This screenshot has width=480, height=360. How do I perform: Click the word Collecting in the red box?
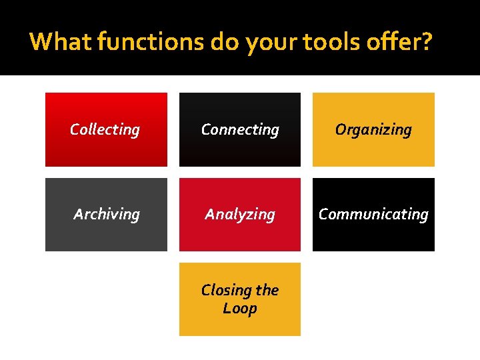coord(105,129)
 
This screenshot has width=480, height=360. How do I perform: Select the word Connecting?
coord(240,129)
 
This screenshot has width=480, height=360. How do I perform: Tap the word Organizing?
coord(373,129)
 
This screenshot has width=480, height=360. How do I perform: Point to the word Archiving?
coord(107,214)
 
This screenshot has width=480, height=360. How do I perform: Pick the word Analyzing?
coord(240,214)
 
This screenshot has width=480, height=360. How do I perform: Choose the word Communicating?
coord(373,214)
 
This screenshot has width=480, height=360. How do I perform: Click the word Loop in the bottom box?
coord(240,309)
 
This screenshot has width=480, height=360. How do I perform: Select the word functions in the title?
coord(151,42)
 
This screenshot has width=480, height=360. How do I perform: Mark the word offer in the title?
coord(394,42)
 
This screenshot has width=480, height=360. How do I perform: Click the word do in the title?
coord(225,42)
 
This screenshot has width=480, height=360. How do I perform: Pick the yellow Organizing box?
coord(373,150)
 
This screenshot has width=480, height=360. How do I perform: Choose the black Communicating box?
coord(373,233)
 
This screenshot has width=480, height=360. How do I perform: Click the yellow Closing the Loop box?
coord(240,323)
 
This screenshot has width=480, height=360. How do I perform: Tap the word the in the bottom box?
coord(267,290)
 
